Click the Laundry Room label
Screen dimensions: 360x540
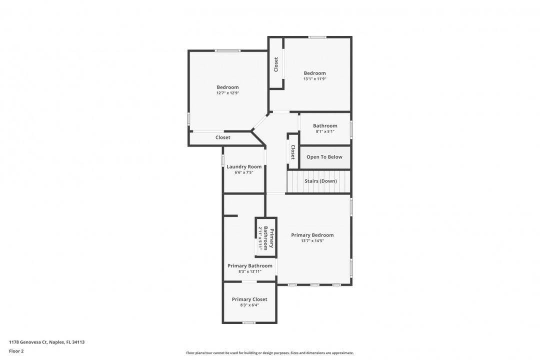pyautogui.click(x=244, y=166)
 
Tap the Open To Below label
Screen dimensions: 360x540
pyautogui.click(x=324, y=157)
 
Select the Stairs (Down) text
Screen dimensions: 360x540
pyautogui.click(x=320, y=181)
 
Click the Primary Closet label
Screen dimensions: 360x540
pyautogui.click(x=249, y=299)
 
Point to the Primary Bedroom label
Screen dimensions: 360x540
pyautogui.click(x=312, y=235)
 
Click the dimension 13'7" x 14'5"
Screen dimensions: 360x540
pyautogui.click(x=312, y=241)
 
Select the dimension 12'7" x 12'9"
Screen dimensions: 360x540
pyautogui.click(x=227, y=93)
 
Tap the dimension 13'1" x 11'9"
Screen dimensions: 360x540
pyautogui.click(x=314, y=79)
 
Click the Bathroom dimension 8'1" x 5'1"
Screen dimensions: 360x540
pyautogui.click(x=325, y=131)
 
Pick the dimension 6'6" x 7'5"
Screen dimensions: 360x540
pyautogui.click(x=244, y=172)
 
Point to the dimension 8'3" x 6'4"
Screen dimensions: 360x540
pyautogui.click(x=249, y=305)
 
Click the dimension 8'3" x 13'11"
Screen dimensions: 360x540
pyautogui.click(x=250, y=271)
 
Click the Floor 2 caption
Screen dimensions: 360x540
pyautogui.click(x=16, y=351)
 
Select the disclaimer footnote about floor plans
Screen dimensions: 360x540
pyautogui.click(x=270, y=352)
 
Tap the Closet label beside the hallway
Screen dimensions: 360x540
pyautogui.click(x=293, y=152)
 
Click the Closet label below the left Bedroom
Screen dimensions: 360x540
pyautogui.click(x=223, y=137)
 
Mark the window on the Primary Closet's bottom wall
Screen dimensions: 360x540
pyautogui.click(x=248, y=322)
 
